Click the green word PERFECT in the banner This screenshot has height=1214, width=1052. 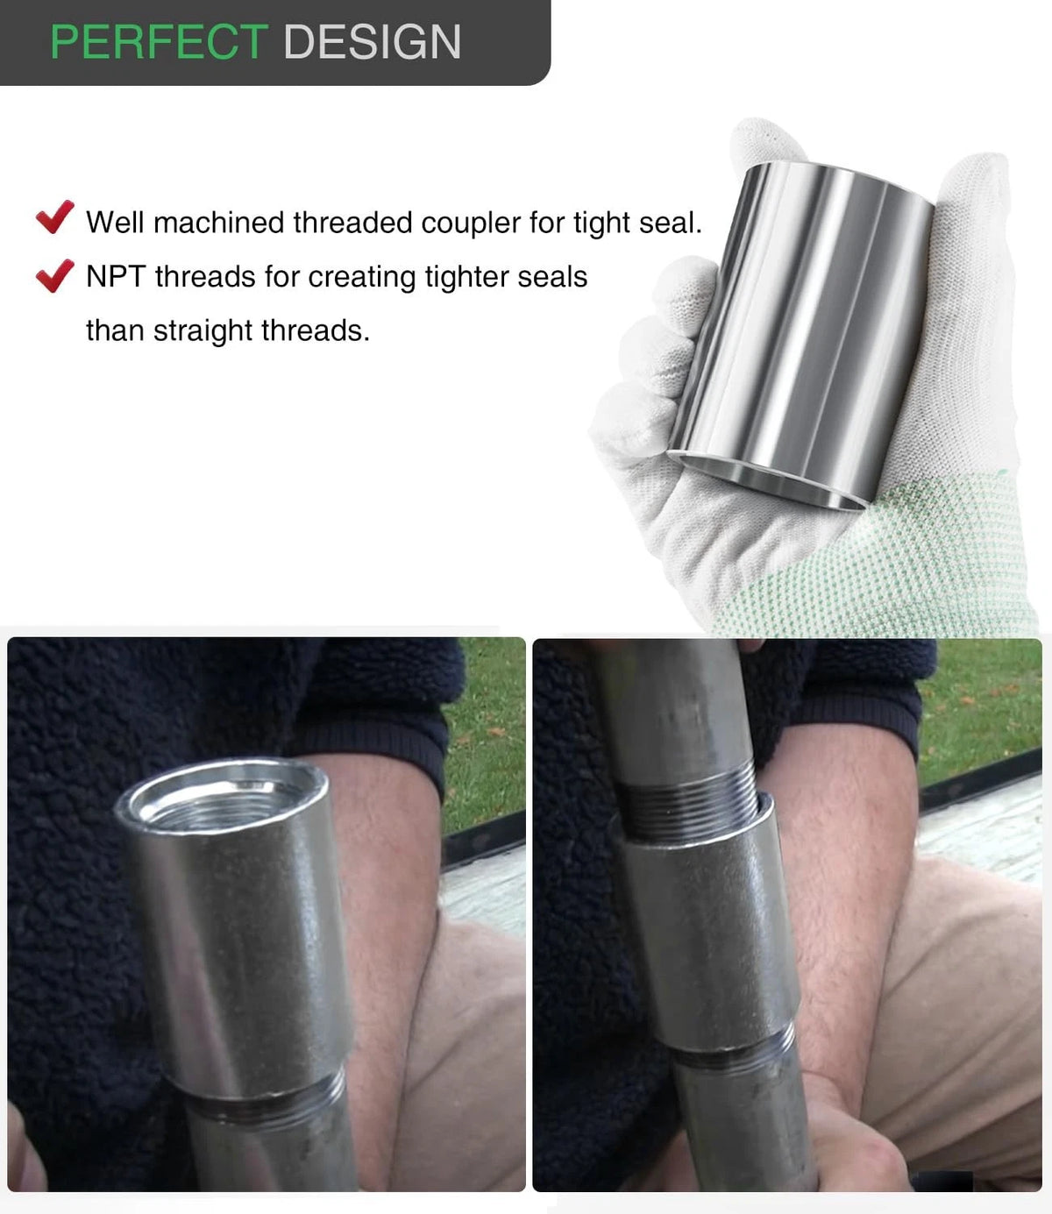(x=160, y=42)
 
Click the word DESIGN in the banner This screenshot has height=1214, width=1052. (x=373, y=42)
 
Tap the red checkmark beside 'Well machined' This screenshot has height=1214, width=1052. (x=54, y=217)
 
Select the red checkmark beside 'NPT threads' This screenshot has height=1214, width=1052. (x=54, y=275)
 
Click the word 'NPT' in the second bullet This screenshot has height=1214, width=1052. (x=116, y=276)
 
